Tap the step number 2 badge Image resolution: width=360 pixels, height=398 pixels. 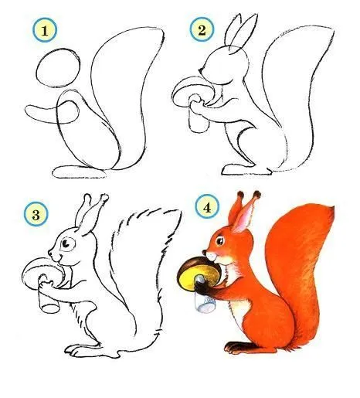click(x=201, y=30)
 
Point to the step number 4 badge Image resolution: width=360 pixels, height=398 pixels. click(x=207, y=208)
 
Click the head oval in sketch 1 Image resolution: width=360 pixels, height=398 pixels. click(x=57, y=67)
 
